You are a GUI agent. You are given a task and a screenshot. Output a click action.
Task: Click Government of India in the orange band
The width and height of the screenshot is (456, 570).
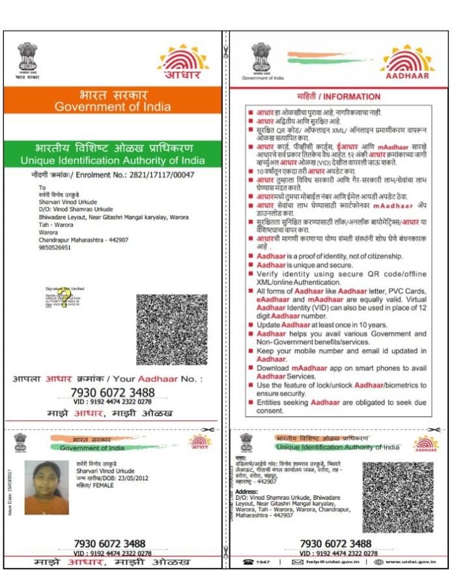113,107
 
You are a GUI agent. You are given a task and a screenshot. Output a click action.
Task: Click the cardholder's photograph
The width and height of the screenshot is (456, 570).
46,487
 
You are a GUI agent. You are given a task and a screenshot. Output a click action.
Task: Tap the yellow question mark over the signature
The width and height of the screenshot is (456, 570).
64,299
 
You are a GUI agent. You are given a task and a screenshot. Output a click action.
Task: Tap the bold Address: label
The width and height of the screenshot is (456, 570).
247,491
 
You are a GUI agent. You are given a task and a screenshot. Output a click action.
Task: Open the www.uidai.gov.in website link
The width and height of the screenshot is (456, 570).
410,562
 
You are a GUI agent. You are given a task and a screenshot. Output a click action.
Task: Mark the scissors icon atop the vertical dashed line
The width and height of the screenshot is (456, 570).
225,51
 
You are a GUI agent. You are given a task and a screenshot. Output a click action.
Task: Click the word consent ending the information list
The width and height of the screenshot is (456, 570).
270,411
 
